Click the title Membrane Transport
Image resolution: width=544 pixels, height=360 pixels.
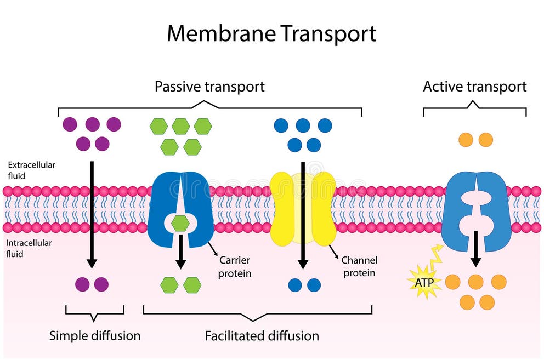[x=271, y=33]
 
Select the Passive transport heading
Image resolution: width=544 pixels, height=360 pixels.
[x=209, y=87]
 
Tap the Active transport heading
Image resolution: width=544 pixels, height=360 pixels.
[x=474, y=87]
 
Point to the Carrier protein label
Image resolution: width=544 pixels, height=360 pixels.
[x=235, y=266]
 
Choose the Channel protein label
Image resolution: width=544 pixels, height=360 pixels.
[x=359, y=266]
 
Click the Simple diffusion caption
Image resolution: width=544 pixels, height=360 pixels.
[x=95, y=335]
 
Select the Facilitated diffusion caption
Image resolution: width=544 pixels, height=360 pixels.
[x=262, y=335]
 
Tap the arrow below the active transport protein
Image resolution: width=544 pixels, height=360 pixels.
[x=475, y=249]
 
